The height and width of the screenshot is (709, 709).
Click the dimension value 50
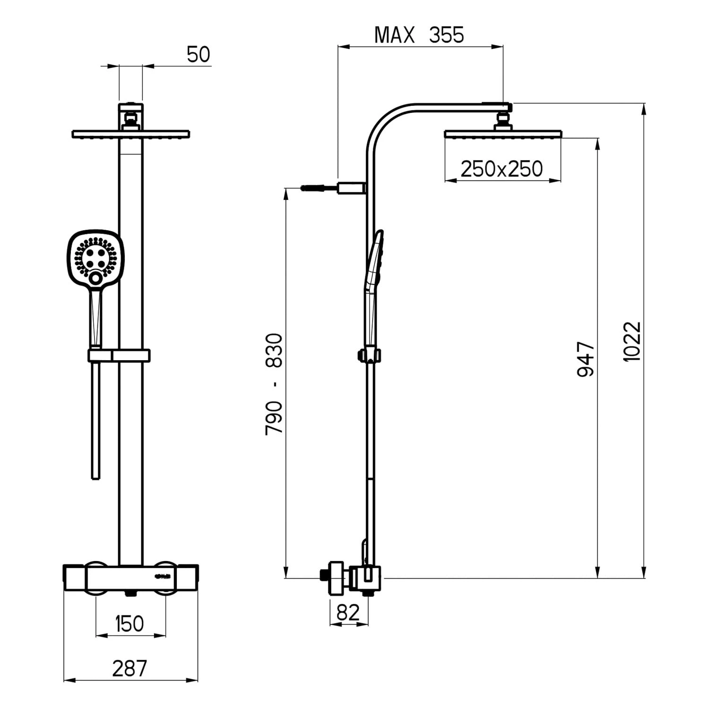pos(198,55)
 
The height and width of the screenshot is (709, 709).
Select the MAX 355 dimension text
pos(419,35)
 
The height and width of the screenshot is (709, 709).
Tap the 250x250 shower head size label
pos(501,169)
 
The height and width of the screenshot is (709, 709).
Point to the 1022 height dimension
pos(632,341)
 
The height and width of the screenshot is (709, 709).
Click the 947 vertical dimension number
pos(586,359)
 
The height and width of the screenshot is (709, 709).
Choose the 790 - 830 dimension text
pos(274,384)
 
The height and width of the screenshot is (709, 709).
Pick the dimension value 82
pos(348,613)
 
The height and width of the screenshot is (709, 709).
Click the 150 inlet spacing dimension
pos(130,624)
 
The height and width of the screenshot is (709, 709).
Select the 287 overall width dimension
pos(130,668)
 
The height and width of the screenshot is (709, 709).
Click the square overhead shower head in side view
pos(503,134)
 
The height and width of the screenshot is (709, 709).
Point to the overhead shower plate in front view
pos(130,134)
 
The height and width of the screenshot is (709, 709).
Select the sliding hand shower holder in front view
pos(118,355)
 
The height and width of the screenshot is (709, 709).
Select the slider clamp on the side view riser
pos(369,355)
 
